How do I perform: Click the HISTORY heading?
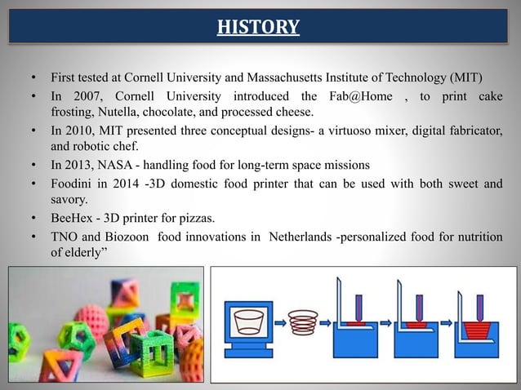[x=258, y=29]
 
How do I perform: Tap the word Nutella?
[x=118, y=112]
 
